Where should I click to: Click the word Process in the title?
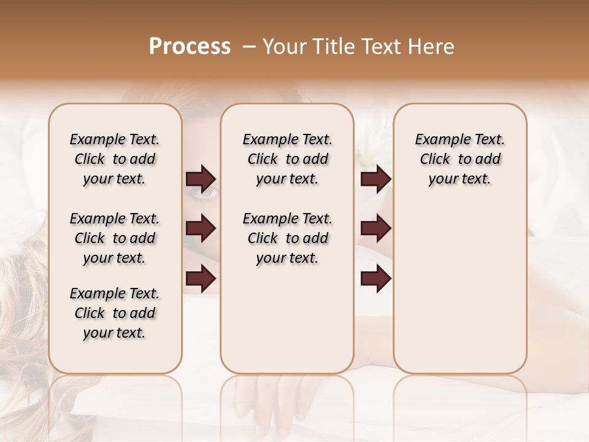pos(190,47)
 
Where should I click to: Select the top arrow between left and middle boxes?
pos(201,179)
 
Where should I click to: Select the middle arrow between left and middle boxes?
pos(201,228)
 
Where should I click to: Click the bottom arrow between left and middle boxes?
pos(201,279)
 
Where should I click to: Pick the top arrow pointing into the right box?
pos(375,179)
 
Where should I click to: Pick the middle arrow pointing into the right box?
pos(375,228)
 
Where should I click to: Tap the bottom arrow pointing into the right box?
pos(375,279)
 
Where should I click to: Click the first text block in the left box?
pos(115,159)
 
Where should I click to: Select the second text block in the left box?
pos(115,238)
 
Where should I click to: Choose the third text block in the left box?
pos(115,313)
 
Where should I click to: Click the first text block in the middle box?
pos(288,159)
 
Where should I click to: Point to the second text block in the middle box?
pos(288,238)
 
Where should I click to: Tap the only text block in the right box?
pos(460,159)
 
